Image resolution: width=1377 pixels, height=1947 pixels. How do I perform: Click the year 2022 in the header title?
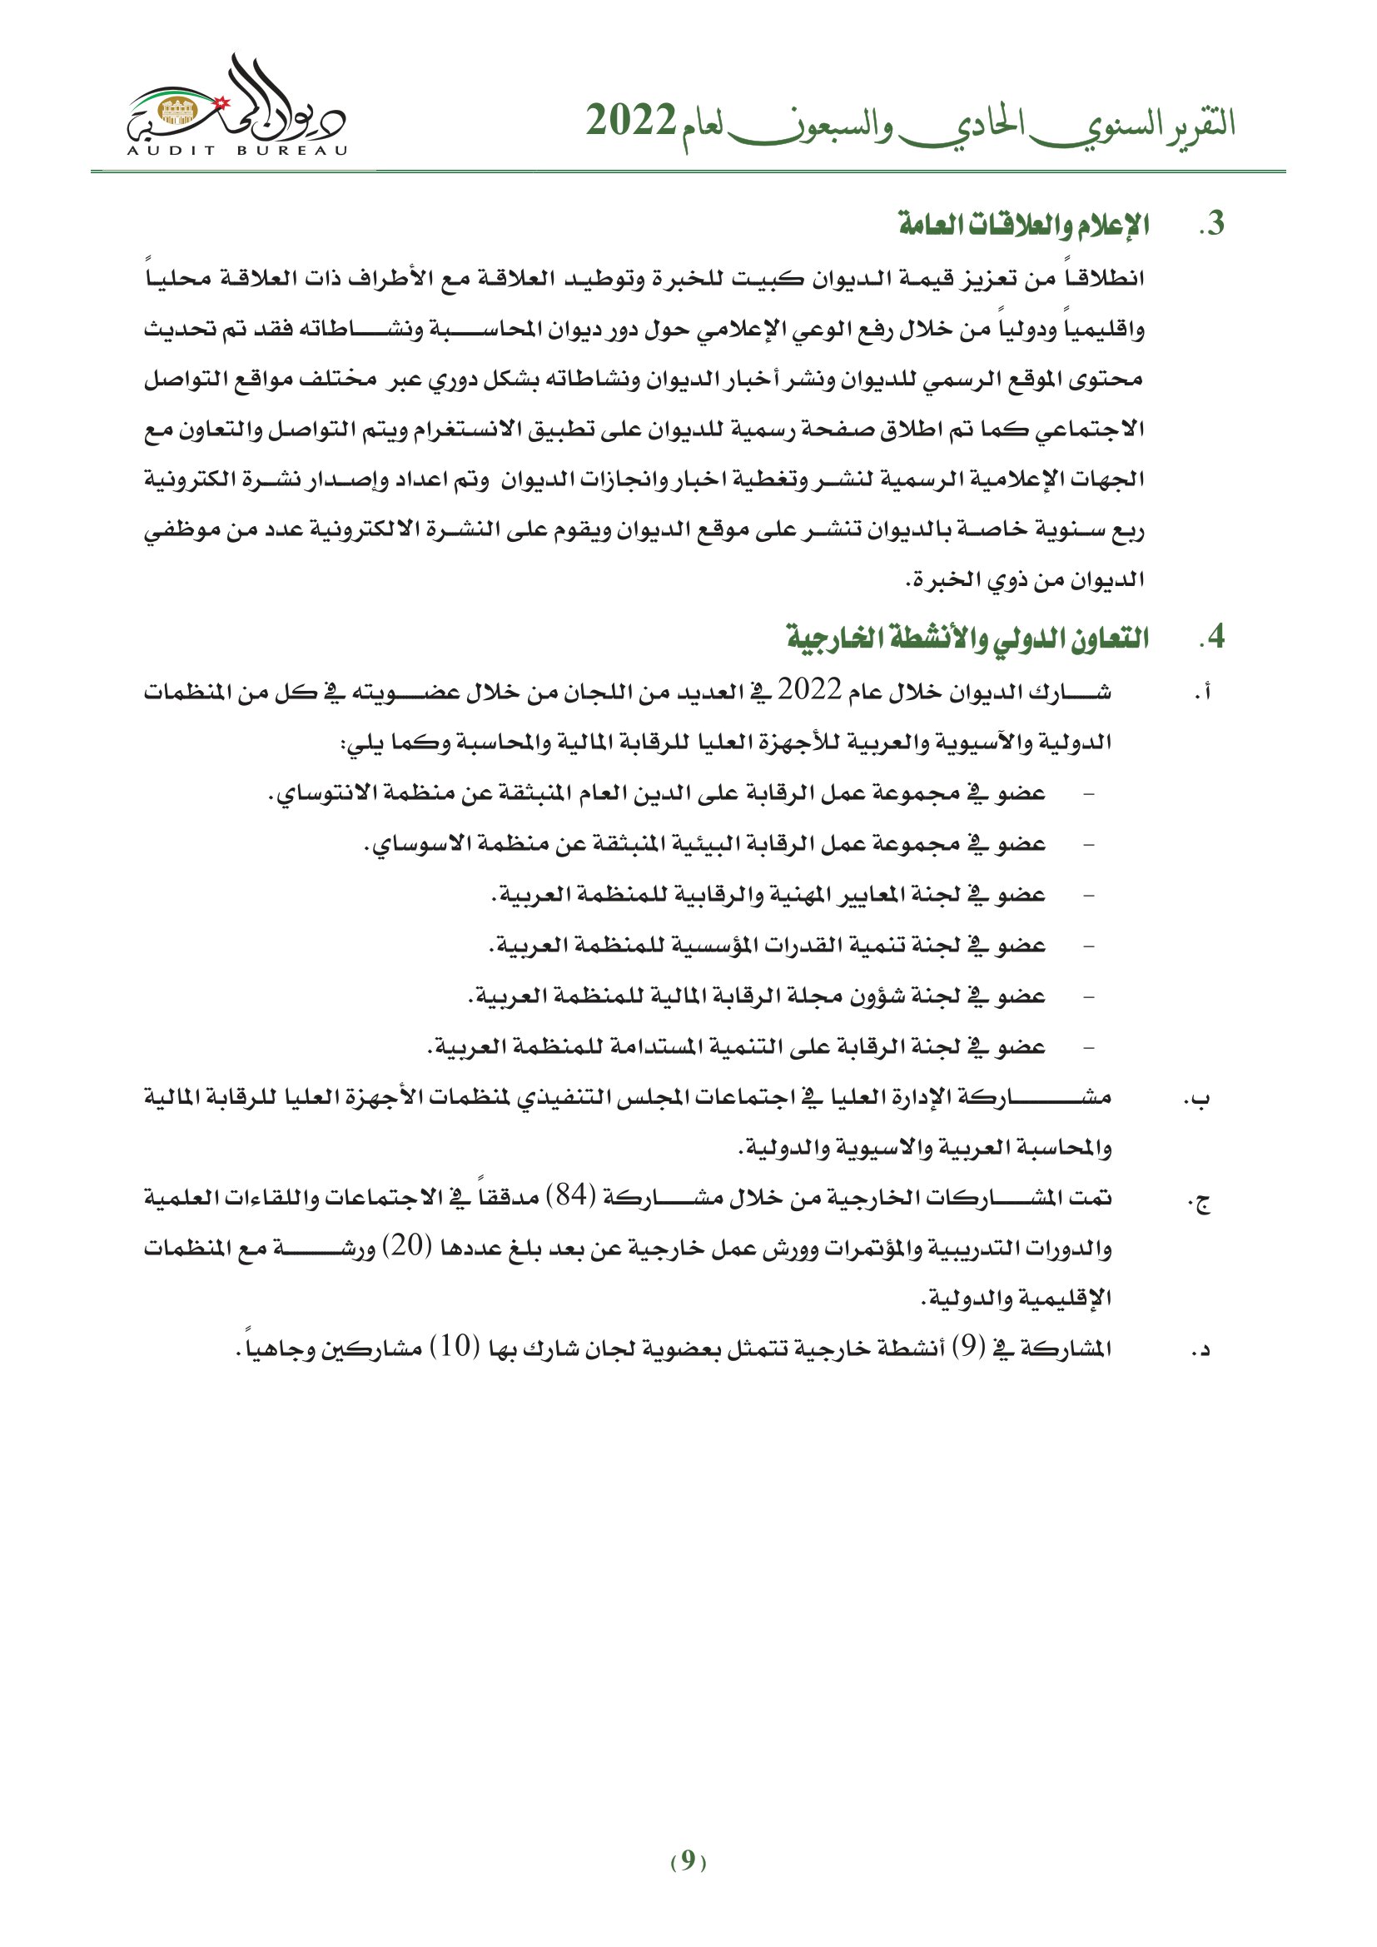[x=631, y=122]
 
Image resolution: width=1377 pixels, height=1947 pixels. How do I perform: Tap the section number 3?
[x=1212, y=225]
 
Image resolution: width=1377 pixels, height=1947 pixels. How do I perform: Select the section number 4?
[x=1212, y=637]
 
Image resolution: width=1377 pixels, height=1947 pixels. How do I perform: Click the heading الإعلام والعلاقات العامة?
[x=1024, y=226]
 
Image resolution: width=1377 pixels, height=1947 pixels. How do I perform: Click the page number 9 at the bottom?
[x=688, y=1860]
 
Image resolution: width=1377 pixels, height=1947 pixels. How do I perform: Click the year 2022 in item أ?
[x=809, y=692]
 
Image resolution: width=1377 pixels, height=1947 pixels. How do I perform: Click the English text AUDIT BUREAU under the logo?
[x=236, y=151]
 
